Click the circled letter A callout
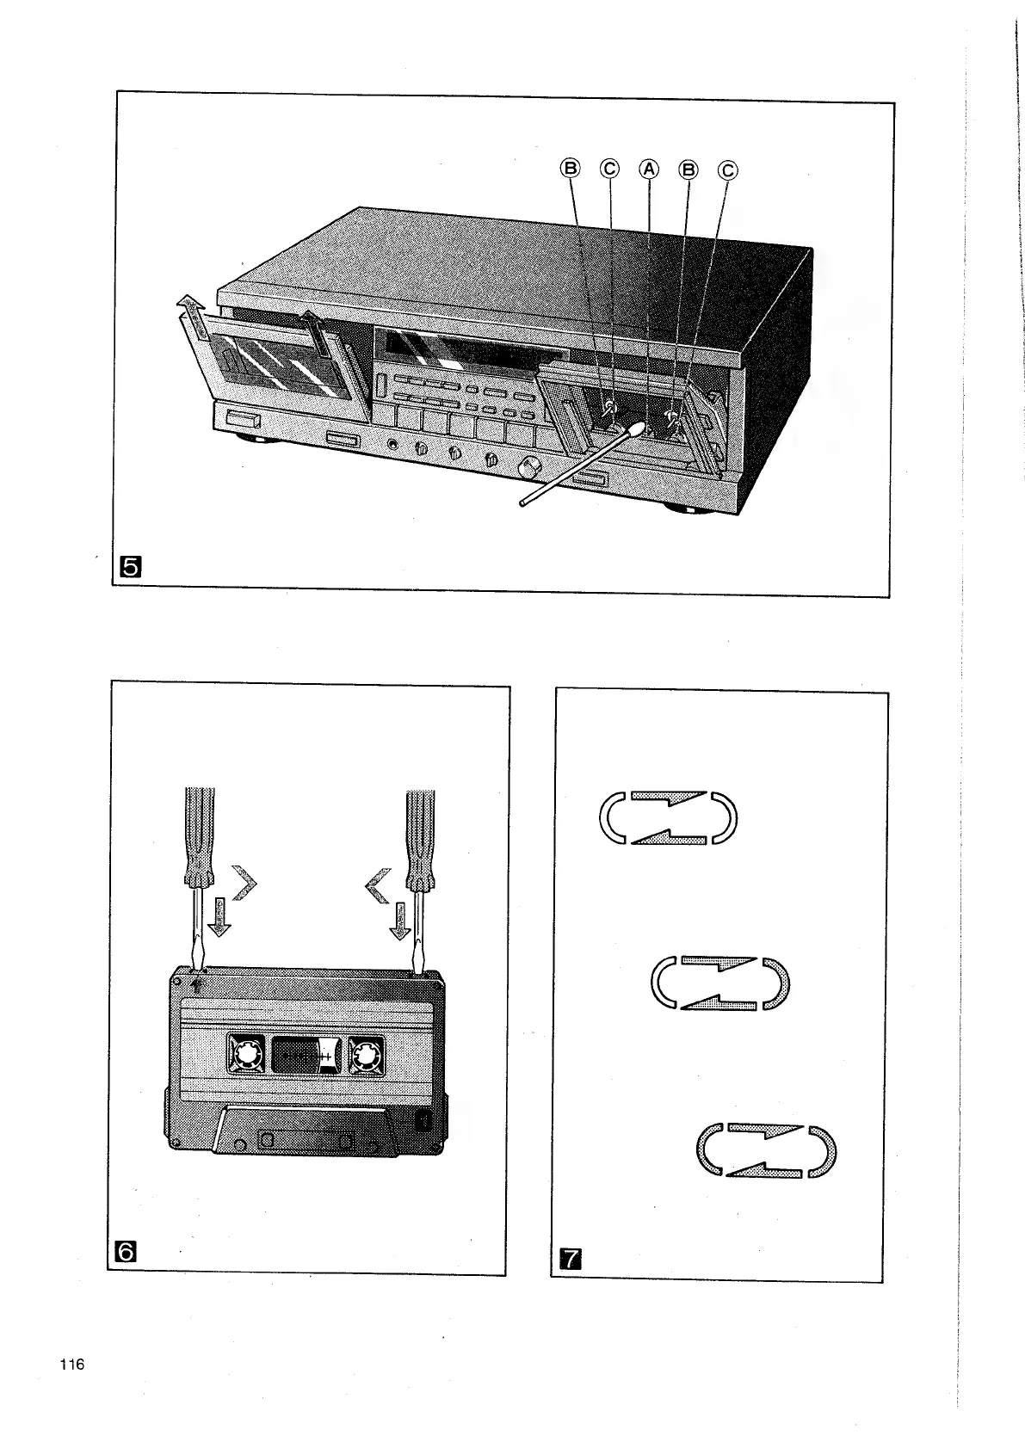(x=648, y=169)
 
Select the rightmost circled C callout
(x=728, y=170)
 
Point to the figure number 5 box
(x=133, y=566)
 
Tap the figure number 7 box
(x=569, y=1261)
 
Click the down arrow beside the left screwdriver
(x=220, y=918)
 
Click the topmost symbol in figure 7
(x=667, y=816)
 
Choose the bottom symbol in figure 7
(x=763, y=1150)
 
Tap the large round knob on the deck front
(x=529, y=467)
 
